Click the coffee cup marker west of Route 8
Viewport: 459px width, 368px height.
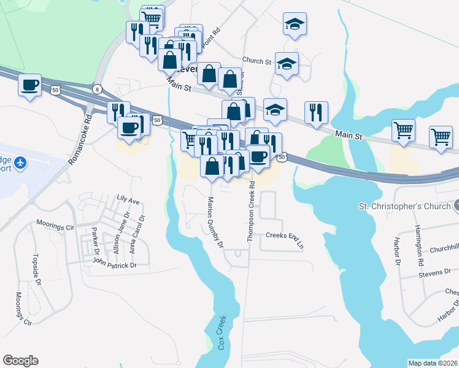(x=30, y=85)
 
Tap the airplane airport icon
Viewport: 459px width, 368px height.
(x=20, y=163)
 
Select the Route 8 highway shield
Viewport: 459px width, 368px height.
(x=96, y=89)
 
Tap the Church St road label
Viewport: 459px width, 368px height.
(x=256, y=61)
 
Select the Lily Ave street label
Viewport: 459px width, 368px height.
(x=128, y=200)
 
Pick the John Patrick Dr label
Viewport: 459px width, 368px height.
(x=114, y=265)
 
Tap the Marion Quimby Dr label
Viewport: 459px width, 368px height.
(x=215, y=221)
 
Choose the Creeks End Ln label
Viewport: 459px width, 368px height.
(x=285, y=238)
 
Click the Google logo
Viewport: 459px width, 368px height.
(x=20, y=361)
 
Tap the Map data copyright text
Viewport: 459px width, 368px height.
(x=433, y=363)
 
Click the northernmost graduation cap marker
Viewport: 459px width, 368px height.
(x=295, y=25)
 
